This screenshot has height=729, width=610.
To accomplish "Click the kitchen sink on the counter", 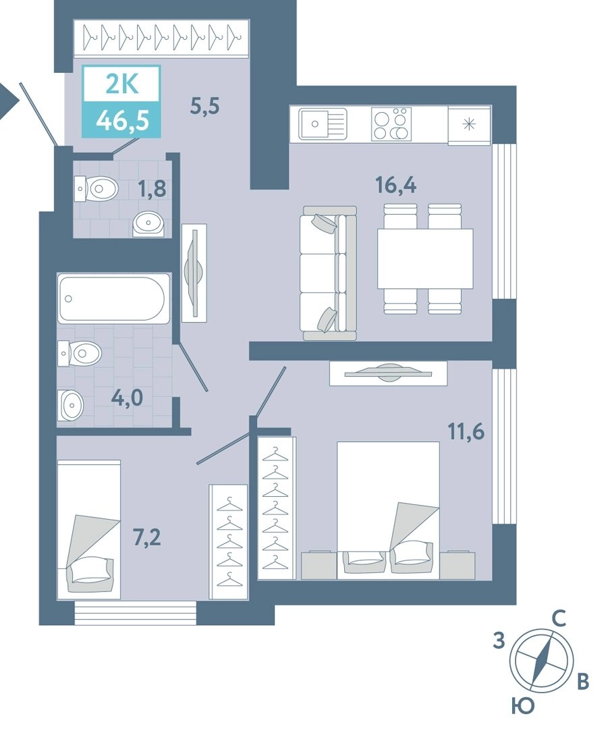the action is [x=323, y=124].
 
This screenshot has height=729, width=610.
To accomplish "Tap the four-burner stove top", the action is [x=391, y=124].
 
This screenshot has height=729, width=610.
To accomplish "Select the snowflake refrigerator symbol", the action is [x=469, y=124].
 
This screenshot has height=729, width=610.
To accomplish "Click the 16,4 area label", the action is [x=395, y=185].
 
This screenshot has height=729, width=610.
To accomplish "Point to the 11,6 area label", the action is [x=466, y=432].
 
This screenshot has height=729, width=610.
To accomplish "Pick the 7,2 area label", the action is [x=147, y=537].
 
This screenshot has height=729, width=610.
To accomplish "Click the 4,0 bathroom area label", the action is [x=127, y=398].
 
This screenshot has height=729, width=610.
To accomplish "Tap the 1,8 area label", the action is [x=152, y=189].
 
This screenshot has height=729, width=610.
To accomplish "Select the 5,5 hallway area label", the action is [x=204, y=106].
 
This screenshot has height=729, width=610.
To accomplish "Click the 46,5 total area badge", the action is [x=122, y=121].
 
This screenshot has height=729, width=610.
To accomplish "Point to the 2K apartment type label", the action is [x=122, y=84].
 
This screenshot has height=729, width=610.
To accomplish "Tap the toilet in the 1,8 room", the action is [x=96, y=188].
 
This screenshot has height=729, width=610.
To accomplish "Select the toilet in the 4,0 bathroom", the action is [x=80, y=354].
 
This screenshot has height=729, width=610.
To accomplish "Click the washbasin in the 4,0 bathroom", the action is [x=71, y=404].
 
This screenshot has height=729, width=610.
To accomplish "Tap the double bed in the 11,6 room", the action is [x=388, y=510].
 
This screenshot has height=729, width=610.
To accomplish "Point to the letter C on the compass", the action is [x=559, y=619].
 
